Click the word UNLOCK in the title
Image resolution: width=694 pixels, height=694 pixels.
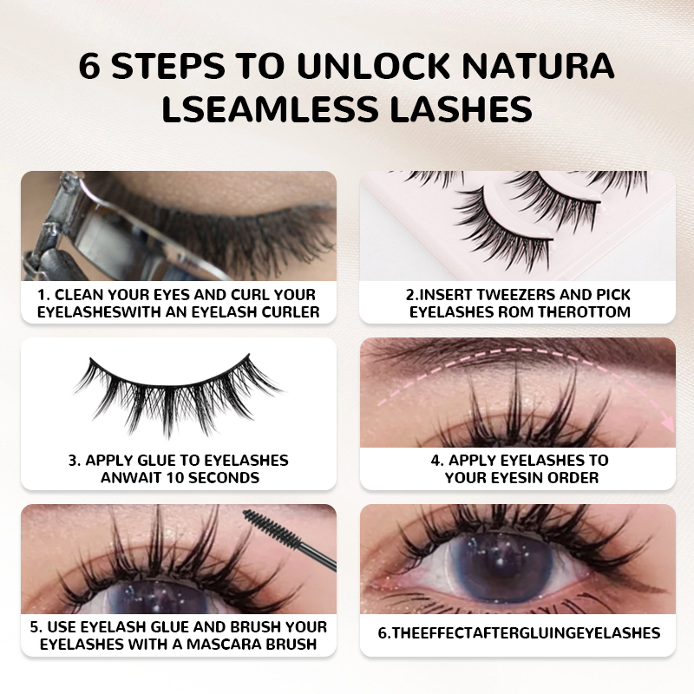[x=374, y=66]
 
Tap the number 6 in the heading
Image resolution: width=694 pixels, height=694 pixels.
[x=89, y=66]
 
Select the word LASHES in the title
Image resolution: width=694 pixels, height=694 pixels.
[x=461, y=108]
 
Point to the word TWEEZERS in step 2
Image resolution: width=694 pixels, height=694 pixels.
[x=510, y=294]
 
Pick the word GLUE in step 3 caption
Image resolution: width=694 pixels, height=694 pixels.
[x=158, y=461]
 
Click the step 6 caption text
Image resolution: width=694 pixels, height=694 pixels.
[x=519, y=633]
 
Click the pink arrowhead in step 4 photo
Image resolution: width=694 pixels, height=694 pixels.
[x=667, y=423]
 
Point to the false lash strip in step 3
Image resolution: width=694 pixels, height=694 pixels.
[x=177, y=395]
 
